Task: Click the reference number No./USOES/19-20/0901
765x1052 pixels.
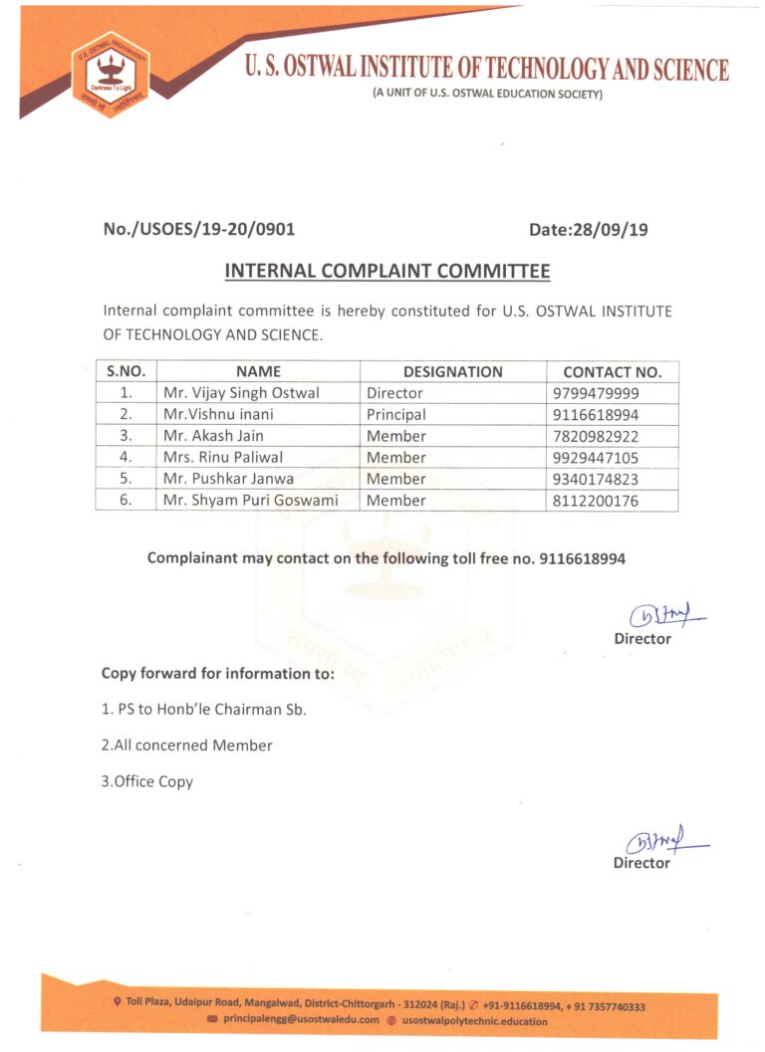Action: click(x=198, y=230)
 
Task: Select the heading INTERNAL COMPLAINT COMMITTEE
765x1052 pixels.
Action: click(x=387, y=271)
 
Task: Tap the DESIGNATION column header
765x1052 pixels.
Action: click(x=452, y=371)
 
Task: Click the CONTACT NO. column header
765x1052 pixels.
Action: click(x=612, y=372)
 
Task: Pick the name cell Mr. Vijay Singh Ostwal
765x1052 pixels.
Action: click(x=241, y=393)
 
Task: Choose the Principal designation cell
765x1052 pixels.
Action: click(x=395, y=414)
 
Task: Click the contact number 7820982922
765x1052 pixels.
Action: click(x=595, y=436)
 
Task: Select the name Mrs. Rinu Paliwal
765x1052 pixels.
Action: click(x=223, y=458)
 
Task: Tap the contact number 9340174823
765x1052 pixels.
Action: click(x=595, y=479)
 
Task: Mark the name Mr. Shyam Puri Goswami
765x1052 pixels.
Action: click(x=250, y=501)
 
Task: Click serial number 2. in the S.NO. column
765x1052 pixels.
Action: click(x=127, y=414)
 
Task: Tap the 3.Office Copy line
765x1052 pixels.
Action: click(x=146, y=781)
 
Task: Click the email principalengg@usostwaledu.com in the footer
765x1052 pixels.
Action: click(x=300, y=1020)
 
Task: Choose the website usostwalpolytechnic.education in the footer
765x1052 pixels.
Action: click(x=473, y=1020)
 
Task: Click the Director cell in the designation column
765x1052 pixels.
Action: click(x=394, y=393)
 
